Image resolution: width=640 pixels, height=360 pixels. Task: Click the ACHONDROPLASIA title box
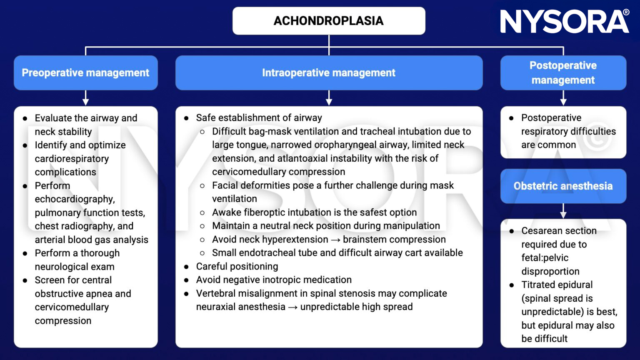[329, 21]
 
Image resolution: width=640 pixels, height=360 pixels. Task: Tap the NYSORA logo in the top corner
[565, 22]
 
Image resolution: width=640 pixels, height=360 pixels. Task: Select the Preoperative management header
[85, 73]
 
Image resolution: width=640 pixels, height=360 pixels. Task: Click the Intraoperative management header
[329, 73]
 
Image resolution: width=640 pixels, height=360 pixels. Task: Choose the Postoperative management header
[563, 73]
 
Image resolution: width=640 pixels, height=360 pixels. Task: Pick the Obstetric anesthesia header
[563, 186]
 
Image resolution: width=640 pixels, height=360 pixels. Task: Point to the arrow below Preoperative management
[86, 99]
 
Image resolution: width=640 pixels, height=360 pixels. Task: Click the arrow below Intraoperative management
[329, 99]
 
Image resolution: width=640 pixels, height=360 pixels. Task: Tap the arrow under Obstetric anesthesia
[563, 212]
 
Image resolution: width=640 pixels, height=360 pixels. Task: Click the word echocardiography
[75, 199]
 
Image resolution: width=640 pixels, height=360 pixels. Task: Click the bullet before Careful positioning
[186, 267]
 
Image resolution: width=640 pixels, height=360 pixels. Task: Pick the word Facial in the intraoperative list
[225, 185]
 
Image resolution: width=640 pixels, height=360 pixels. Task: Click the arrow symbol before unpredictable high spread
[293, 307]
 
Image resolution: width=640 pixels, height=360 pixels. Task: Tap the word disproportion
[550, 272]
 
